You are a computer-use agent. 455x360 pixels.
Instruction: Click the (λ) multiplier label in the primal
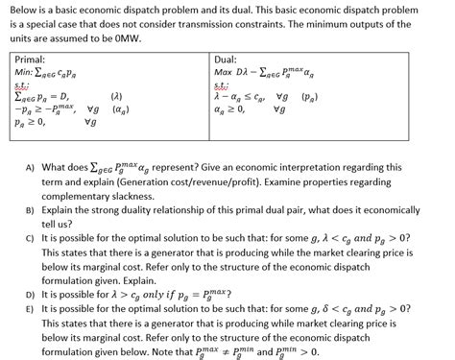tap(118, 97)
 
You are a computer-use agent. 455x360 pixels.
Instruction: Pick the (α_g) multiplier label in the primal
tap(121, 109)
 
